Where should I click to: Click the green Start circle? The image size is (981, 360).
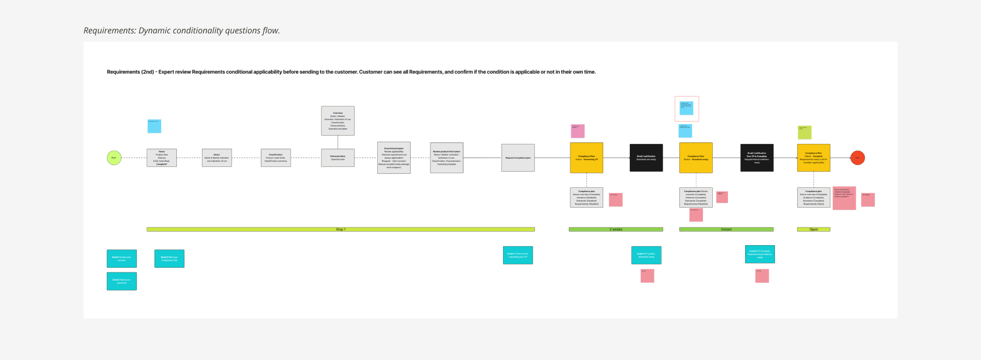click(114, 158)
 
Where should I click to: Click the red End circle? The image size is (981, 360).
click(857, 158)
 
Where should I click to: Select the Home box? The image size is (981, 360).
click(162, 158)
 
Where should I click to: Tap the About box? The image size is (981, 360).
click(217, 158)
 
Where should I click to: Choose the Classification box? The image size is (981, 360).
click(276, 158)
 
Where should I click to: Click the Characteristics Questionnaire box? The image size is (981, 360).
click(338, 158)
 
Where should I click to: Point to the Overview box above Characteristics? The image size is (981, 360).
click(338, 121)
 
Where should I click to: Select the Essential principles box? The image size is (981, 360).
click(393, 158)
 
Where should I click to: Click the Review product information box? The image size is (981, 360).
click(447, 158)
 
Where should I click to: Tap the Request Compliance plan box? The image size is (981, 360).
click(518, 158)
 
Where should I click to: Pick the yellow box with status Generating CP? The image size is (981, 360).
click(587, 158)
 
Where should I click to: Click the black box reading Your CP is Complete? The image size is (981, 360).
click(757, 158)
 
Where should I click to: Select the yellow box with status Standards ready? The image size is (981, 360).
click(696, 158)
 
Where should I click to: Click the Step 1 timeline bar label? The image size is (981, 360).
click(340, 230)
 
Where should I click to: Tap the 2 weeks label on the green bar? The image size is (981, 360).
click(616, 230)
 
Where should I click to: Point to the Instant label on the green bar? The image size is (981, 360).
click(726, 230)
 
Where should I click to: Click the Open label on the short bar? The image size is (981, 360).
click(813, 230)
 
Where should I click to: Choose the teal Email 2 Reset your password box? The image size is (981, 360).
click(122, 281)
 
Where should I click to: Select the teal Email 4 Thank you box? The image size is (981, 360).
click(518, 255)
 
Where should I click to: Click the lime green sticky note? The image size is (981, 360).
click(805, 132)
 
